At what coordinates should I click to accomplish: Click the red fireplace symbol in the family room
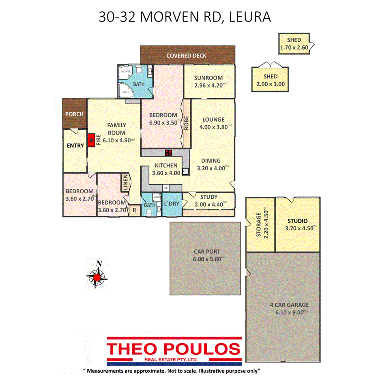[92, 140]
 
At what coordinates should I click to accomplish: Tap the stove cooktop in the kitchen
[168, 153]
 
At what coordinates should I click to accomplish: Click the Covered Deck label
[187, 56]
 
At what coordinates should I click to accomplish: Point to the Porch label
[75, 114]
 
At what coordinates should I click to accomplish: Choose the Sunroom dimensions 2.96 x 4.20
[208, 85]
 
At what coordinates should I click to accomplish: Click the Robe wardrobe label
[187, 123]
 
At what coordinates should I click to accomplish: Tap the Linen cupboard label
[125, 183]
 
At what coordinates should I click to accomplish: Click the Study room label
[208, 198]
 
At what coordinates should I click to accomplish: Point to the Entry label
[75, 146]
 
